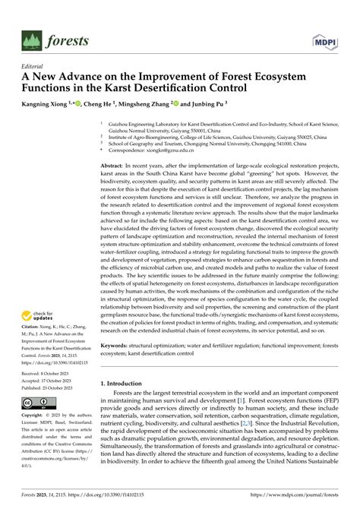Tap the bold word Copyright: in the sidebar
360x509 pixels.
pyautogui.click(x=35, y=416)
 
